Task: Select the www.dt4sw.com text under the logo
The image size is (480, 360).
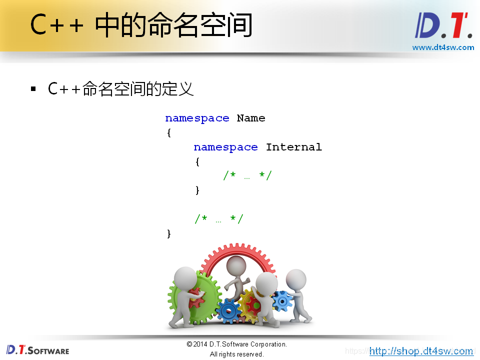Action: coord(443,47)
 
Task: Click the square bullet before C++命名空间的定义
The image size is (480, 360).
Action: coord(33,89)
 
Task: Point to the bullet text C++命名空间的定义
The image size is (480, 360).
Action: coord(120,89)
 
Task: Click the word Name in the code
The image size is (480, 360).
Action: coord(251,118)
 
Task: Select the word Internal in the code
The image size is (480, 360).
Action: coord(293,147)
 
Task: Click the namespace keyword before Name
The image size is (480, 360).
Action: coord(197,118)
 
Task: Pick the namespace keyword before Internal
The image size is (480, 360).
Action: coord(225,147)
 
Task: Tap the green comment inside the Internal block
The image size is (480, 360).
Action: coord(247,175)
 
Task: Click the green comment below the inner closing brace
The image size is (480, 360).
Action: coord(218,219)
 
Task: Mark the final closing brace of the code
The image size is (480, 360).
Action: coord(169,233)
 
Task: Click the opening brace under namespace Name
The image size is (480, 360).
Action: coord(169,133)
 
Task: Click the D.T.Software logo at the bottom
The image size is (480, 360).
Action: coord(37,349)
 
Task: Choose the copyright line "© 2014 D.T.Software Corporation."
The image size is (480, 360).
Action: coord(236,344)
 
